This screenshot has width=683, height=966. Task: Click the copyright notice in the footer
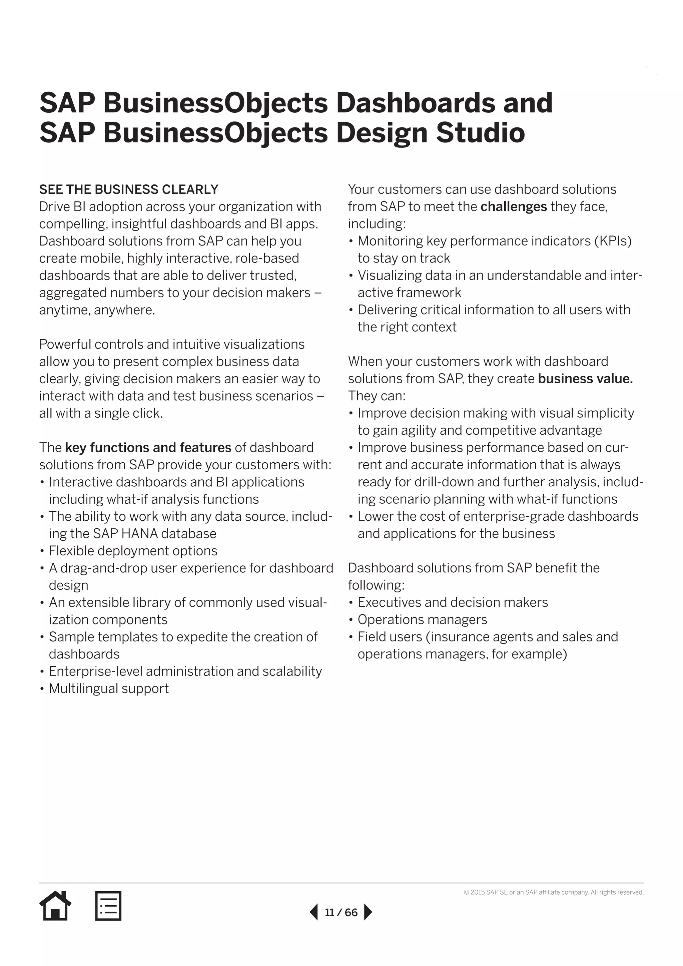554,892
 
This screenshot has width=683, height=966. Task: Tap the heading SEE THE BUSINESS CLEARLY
129,189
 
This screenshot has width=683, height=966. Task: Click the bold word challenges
514,206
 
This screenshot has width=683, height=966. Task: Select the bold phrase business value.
585,379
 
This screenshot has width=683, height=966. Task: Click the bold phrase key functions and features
148,447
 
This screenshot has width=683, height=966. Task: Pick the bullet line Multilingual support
108,688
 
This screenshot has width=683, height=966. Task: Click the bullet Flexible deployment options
133,551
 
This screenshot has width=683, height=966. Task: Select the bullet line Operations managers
422,619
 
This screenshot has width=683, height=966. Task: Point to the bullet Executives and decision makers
453,602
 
